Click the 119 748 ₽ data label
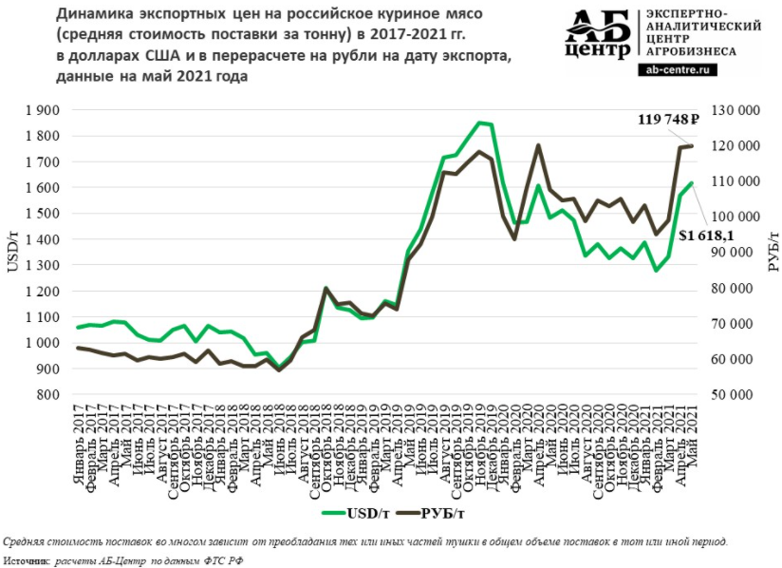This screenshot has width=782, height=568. click(667, 120)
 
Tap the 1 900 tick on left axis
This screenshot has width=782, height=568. click(43, 110)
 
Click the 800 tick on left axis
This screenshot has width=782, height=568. click(48, 394)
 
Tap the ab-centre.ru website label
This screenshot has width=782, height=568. click(680, 69)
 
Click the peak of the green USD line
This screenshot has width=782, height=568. click(479, 123)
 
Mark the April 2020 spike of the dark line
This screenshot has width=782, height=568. click(538, 145)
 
